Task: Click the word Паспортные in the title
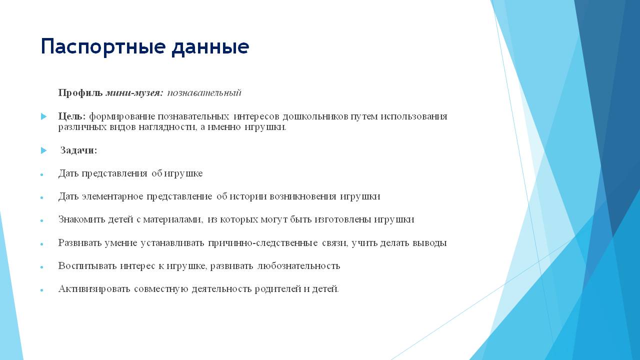tap(103, 47)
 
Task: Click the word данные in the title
tap(210, 47)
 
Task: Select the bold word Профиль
tap(80, 93)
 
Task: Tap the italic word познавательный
tap(204, 93)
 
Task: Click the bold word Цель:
tap(71, 116)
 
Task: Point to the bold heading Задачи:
tap(78, 150)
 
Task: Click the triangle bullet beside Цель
tap(43, 116)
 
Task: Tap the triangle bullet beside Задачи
tap(43, 150)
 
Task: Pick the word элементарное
tap(112, 196)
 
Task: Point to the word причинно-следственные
tap(263, 243)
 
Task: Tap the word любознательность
tap(299, 265)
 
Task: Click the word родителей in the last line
tap(277, 289)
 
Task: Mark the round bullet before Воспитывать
tap(42, 267)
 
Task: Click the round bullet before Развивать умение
tap(42, 244)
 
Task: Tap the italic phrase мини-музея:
tap(134, 93)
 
